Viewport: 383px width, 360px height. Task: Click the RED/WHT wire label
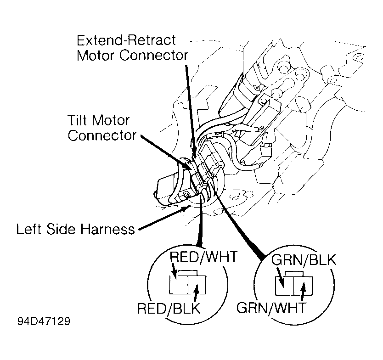[203, 257]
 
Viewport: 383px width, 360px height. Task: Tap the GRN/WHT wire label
[271, 308]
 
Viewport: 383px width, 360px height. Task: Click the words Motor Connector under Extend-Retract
[133, 56]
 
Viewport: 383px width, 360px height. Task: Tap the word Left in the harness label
[27, 229]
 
